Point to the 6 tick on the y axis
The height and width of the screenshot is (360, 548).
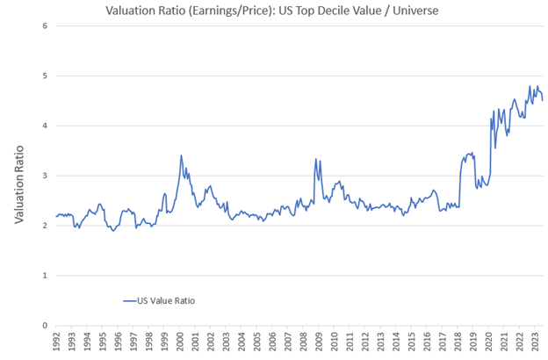tap(44, 25)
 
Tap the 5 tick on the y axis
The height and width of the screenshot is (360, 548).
tap(44, 76)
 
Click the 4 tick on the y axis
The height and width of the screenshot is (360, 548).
tap(44, 126)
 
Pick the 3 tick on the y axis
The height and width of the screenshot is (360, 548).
tap(44, 176)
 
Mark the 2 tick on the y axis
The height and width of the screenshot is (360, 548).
tap(44, 226)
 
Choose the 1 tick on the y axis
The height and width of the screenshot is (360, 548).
tap(44, 276)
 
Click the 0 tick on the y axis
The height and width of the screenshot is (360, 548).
tap(44, 326)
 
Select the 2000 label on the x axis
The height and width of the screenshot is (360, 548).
tap(180, 341)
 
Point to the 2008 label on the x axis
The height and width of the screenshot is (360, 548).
tap(303, 341)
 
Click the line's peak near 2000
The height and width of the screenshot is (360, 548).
tap(181, 155)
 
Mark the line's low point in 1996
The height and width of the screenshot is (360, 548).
tap(113, 231)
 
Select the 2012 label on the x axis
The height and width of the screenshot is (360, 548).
tap(364, 341)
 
